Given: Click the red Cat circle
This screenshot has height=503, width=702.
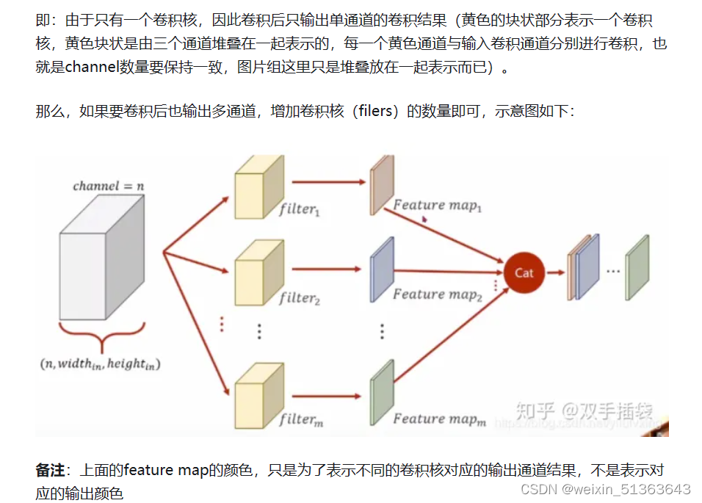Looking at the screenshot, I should coord(524,272).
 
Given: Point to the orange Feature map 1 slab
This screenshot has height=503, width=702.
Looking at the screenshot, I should coord(379,185).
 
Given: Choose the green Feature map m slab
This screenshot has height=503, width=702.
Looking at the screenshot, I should coord(379,393).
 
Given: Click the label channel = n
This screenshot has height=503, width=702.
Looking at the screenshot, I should coord(108,186).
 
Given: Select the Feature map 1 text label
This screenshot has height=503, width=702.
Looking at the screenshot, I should coord(438,206).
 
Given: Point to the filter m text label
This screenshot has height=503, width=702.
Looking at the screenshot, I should coord(300,420).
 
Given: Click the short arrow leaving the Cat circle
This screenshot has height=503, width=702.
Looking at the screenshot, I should coord(555,272).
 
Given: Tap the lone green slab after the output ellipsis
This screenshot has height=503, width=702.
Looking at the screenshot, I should coord(637,269).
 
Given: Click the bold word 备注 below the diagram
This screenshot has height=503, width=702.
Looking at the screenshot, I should coord(50,470).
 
